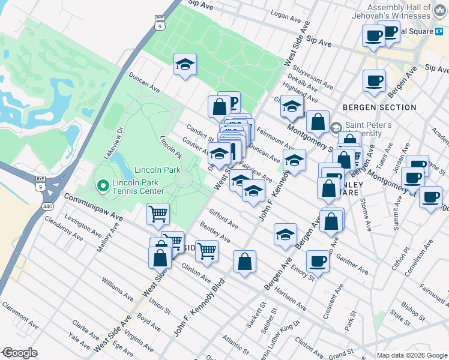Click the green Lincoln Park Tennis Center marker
[x=102, y=187]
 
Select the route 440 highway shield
[x=47, y=206]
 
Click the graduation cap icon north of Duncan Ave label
[x=185, y=65]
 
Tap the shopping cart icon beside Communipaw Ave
[x=158, y=214]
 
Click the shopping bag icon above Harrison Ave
[x=244, y=262]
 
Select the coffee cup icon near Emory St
[x=318, y=261]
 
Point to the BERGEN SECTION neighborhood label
[x=379, y=107]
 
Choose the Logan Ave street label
[x=285, y=14]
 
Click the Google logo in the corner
[x=19, y=353]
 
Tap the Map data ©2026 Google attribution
[x=411, y=355]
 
